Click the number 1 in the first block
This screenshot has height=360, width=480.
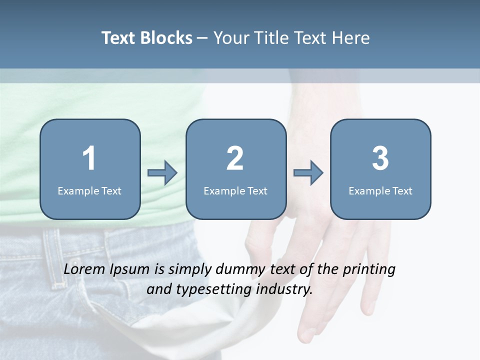point(89,158)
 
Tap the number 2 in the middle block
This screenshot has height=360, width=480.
point(235,158)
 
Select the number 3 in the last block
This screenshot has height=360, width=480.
point(380,158)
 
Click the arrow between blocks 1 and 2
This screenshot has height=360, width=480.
point(162,173)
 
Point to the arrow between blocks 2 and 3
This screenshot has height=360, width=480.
point(308,173)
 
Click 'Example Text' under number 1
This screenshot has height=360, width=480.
point(89,190)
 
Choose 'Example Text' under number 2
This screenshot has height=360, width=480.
point(235,190)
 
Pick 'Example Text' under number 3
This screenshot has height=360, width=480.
point(380,190)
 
